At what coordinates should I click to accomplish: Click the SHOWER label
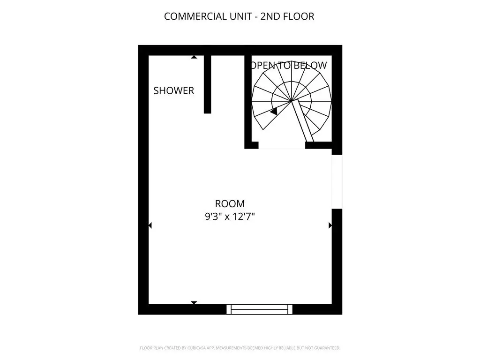pos(173,90)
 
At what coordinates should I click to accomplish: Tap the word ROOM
pos(230,203)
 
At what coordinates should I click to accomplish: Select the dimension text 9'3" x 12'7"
pos(230,217)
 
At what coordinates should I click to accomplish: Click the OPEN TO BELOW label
pos(289,65)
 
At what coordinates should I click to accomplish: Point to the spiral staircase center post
pos(291,100)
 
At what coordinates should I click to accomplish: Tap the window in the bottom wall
pos(259,309)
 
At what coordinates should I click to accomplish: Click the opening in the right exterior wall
pos(337,182)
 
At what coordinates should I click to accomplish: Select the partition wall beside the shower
pos(208,84)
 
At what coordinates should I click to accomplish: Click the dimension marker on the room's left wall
pos(150,225)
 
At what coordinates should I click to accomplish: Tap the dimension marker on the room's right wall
pos(330,225)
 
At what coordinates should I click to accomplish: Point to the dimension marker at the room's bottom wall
pos(194,303)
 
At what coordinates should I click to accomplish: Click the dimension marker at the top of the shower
pos(194,57)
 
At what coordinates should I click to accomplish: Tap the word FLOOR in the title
pos(299,16)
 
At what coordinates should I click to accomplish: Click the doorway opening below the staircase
pos(282,145)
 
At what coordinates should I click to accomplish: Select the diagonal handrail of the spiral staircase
pos(302,121)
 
